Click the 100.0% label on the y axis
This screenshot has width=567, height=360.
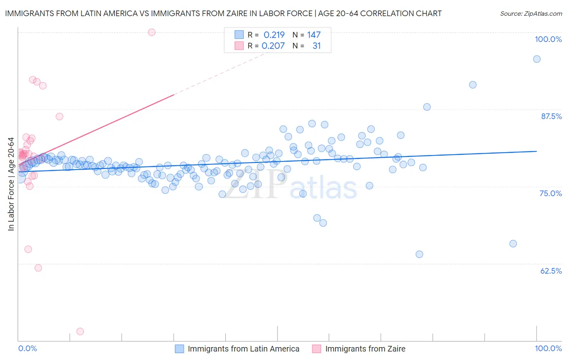548,39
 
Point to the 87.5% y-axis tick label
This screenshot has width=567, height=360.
551,116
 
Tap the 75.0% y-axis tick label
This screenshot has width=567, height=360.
550,193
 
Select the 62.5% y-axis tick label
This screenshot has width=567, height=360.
551,271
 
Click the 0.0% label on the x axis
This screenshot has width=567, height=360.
27,348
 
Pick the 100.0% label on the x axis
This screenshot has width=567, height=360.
548,348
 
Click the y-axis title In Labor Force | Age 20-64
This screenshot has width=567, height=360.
11,184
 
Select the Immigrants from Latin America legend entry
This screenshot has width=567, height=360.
243,349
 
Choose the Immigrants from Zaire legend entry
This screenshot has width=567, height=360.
365,349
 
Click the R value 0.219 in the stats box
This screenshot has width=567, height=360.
274,35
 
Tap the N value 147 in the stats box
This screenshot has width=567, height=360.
314,35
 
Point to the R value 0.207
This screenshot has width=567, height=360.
273,46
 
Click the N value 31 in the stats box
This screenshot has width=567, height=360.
317,46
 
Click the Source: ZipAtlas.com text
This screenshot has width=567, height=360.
531,14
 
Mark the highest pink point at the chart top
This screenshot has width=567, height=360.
152,32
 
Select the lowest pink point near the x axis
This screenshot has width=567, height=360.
80,331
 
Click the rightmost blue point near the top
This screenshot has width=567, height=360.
537,59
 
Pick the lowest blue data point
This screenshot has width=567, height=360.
419,254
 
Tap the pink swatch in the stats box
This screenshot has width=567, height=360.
239,46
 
